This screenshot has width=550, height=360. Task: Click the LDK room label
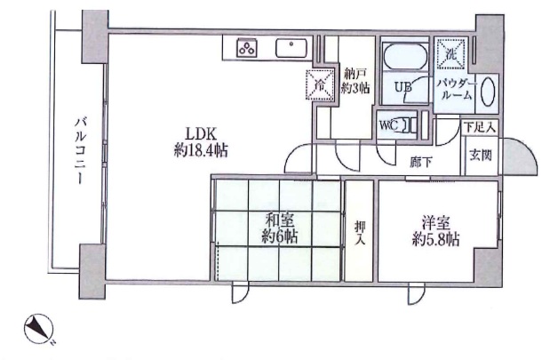coord(201,134)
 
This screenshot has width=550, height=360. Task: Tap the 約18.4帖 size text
coord(201,151)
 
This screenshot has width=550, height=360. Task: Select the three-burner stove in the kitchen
coord(247,48)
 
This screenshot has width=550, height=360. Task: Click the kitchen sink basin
coord(291,48)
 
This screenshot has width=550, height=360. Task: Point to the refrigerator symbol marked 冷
coord(320,84)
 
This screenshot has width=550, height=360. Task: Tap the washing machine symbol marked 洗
coord(450,53)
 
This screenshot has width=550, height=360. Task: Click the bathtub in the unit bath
coord(405,56)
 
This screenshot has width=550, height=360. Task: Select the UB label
coord(403,86)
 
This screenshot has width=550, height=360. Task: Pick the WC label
coord(388,125)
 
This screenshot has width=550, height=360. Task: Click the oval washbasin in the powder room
coord(488,92)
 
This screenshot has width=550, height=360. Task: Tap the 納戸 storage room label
coord(355,75)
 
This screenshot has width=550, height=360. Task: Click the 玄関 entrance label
coord(481,155)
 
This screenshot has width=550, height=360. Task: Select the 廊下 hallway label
coord(421,162)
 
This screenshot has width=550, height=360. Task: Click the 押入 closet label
coord(359,233)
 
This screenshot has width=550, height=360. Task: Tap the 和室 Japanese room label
coord(280,220)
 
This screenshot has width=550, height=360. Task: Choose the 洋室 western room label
coord(435,223)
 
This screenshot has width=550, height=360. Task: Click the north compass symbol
coord(38,329)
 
